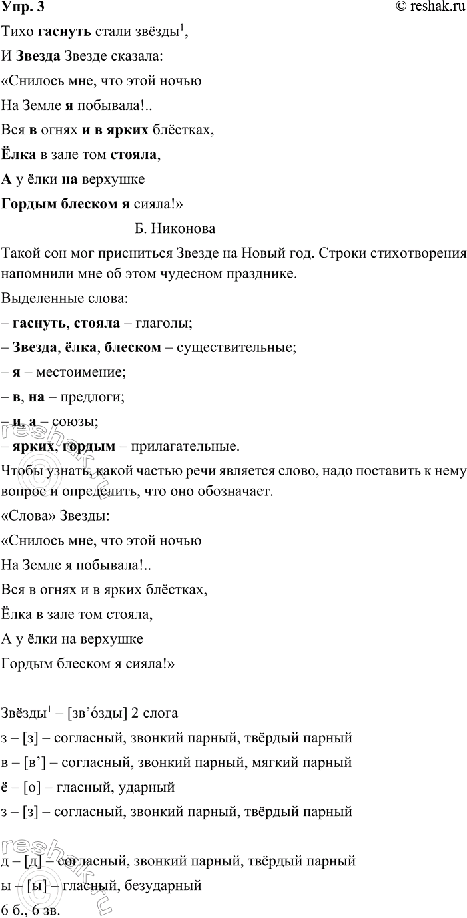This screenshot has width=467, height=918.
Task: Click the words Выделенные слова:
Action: click(53, 298)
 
